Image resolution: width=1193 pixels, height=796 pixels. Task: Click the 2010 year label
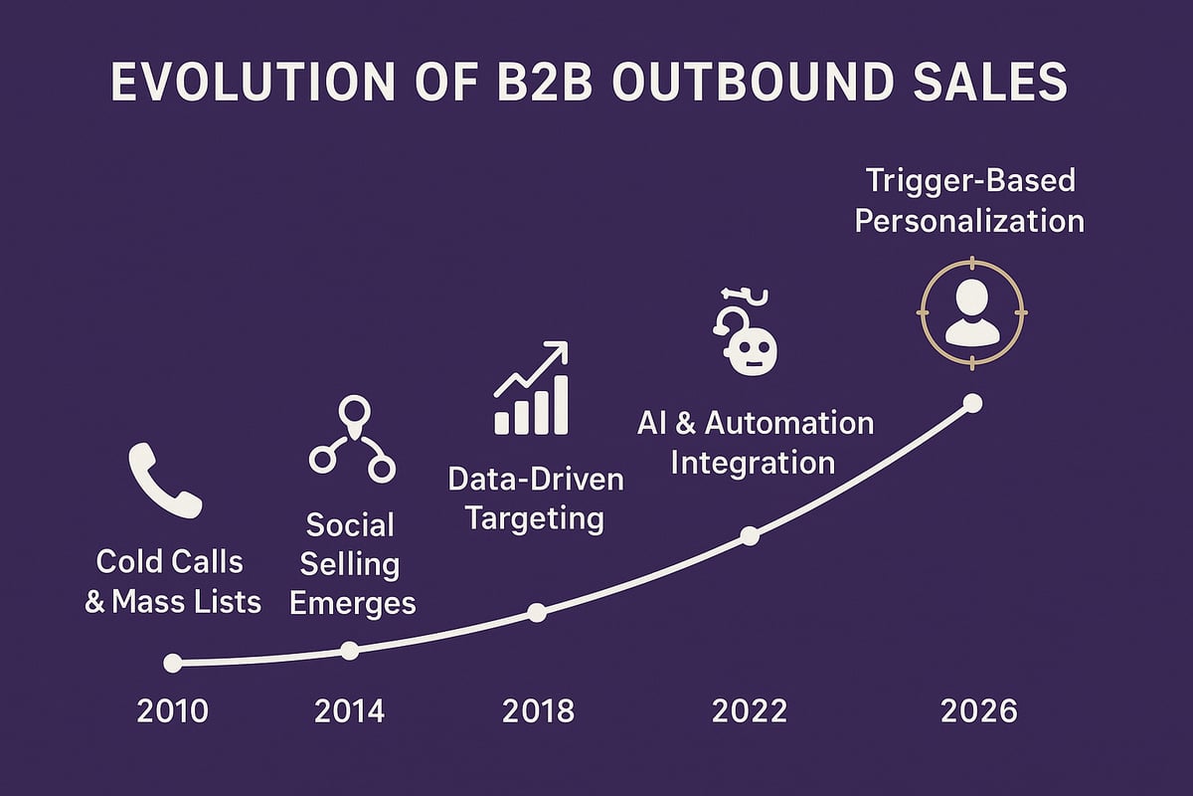click(x=173, y=711)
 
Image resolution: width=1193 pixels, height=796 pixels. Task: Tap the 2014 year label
click(x=349, y=711)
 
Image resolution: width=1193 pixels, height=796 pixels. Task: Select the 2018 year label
click(x=538, y=711)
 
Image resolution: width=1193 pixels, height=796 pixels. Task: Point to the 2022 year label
click(x=750, y=711)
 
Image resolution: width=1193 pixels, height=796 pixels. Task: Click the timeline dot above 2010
click(x=173, y=663)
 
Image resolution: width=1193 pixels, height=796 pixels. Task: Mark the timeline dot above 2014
click(x=349, y=651)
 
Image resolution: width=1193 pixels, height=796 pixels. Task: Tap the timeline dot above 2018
click(x=537, y=613)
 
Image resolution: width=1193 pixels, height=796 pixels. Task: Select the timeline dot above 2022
click(x=751, y=536)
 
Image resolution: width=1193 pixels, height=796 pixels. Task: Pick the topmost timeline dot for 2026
click(x=973, y=403)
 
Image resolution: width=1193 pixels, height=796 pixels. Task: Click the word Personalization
click(x=969, y=220)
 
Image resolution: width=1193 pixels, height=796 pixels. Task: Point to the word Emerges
click(x=351, y=603)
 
